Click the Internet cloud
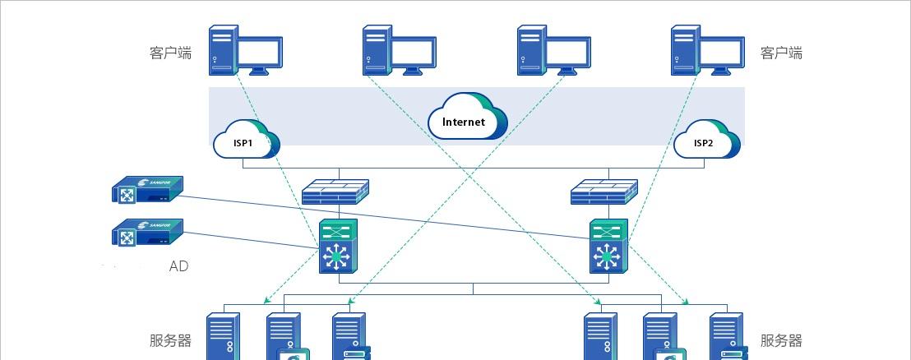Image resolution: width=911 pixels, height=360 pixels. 466,120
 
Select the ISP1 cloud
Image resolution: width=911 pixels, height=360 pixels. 245,141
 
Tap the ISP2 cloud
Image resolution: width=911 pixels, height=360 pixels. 704,141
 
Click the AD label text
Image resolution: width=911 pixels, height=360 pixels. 178,266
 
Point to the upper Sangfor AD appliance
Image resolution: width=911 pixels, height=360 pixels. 148,190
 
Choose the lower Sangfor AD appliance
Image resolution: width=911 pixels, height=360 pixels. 148,233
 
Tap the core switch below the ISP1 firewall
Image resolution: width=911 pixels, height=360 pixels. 335,247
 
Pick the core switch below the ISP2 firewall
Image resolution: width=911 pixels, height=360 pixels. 608,247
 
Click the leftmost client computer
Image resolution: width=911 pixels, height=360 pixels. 245,51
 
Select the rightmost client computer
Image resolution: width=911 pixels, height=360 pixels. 708,51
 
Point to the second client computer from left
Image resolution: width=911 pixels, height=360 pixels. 399,51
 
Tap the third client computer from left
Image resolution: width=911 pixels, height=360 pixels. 553,51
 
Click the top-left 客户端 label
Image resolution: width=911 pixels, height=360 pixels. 170,53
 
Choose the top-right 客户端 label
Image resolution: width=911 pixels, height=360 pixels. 781,53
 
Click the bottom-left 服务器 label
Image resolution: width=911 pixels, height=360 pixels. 170,341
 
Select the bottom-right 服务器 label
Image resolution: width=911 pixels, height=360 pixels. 781,341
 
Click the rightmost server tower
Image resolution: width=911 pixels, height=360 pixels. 727,337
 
